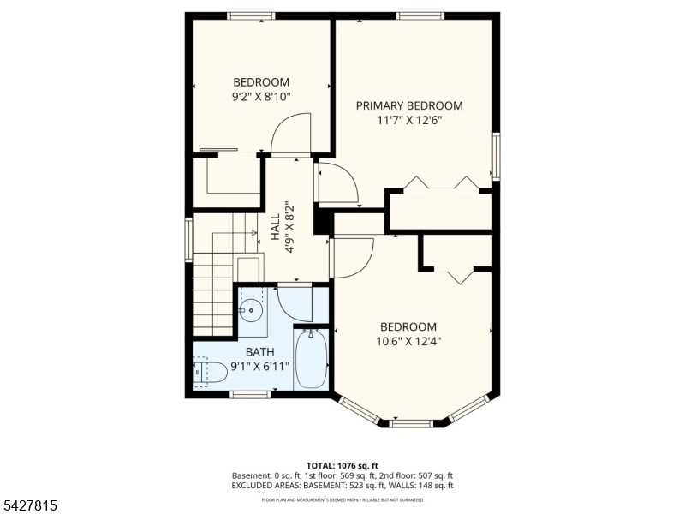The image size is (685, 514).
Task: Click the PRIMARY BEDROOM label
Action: point(409,105)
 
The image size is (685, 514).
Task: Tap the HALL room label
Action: point(275,227)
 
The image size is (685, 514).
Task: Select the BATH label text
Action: point(260,352)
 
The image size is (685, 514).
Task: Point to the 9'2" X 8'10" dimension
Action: point(261,97)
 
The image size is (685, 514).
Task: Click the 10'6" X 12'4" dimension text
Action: point(408,341)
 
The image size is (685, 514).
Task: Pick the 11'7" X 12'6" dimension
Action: point(409,120)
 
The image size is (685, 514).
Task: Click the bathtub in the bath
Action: point(311,359)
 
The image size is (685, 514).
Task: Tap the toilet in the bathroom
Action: point(210,373)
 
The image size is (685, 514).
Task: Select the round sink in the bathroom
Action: point(251,310)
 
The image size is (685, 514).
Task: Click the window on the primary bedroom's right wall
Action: point(497,157)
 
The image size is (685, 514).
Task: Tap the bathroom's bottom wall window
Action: point(250,394)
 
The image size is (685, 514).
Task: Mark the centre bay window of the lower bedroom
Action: point(411,423)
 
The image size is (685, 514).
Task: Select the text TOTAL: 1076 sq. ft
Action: point(342,465)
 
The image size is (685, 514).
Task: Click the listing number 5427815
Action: point(28,505)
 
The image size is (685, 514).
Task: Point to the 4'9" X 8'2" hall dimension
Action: point(289,227)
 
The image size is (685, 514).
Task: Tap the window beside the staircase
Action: point(188,240)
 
